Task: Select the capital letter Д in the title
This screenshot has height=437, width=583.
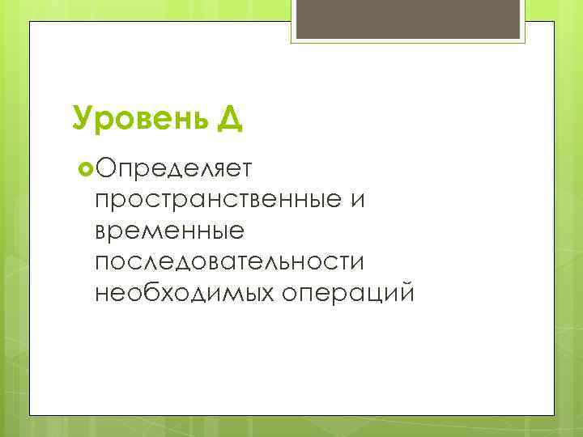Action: [x=229, y=120]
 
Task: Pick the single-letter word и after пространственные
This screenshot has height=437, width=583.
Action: [x=358, y=200]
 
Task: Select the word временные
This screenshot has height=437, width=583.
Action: [x=168, y=231]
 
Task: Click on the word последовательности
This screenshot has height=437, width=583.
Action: [x=229, y=261]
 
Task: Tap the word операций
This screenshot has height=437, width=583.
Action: [x=347, y=292]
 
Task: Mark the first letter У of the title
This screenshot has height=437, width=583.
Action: [x=80, y=119]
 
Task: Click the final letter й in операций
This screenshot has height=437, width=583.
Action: [x=406, y=291]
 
